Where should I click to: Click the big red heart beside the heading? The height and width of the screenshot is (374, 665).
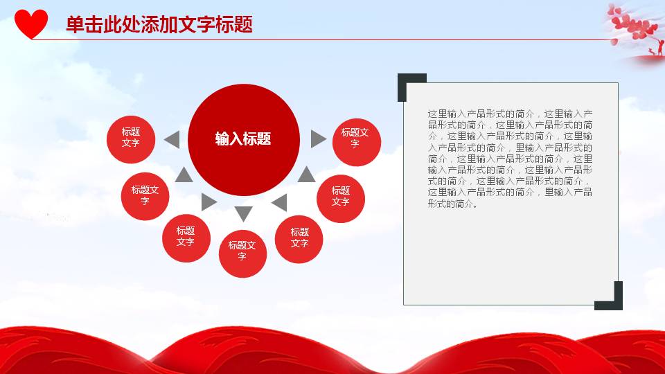coord(31,24)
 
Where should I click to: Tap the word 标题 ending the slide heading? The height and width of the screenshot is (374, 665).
coord(238,25)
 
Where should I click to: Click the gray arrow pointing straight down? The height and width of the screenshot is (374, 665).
coord(244,213)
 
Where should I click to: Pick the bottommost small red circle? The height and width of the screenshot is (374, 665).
coord(242,253)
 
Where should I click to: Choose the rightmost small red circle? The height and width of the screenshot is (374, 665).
coord(356,138)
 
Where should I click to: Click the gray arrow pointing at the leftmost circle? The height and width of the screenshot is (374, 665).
coord(171,139)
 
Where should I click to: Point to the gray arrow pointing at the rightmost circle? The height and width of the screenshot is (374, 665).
coord(317,139)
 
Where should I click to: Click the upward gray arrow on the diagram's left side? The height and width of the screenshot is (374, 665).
coord(184,175)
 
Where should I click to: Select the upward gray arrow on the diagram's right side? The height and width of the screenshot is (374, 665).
coord(306,175)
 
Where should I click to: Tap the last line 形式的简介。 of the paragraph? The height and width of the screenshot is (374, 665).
coord(453,204)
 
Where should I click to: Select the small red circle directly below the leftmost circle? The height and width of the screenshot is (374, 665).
coord(145,195)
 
